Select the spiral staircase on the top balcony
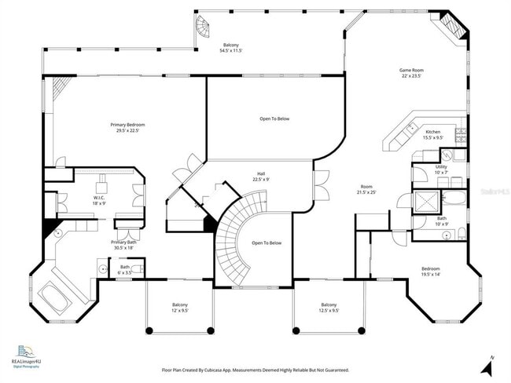pyautogui.click(x=204, y=28)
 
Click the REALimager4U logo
pyautogui.click(x=26, y=356)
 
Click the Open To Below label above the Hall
pyautogui.click(x=274, y=119)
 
